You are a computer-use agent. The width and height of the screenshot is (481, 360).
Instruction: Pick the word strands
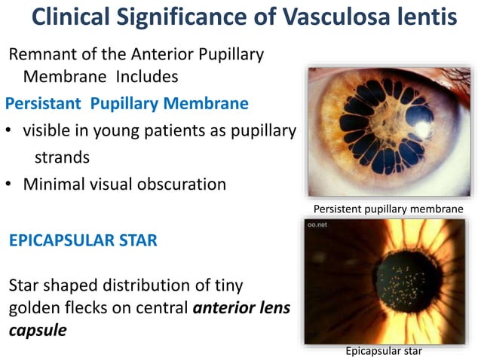pyautogui.click(x=62, y=157)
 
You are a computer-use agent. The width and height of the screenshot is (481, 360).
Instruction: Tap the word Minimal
pyautogui.click(x=56, y=184)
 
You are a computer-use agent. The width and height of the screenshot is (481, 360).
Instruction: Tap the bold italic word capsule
pyautogui.click(x=35, y=330)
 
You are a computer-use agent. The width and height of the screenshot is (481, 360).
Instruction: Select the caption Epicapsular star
pyautogui.click(x=384, y=350)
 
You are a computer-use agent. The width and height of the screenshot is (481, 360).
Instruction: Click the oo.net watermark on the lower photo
pyautogui.click(x=319, y=224)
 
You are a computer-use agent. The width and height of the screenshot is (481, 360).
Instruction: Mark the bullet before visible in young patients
pyautogui.click(x=10, y=130)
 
